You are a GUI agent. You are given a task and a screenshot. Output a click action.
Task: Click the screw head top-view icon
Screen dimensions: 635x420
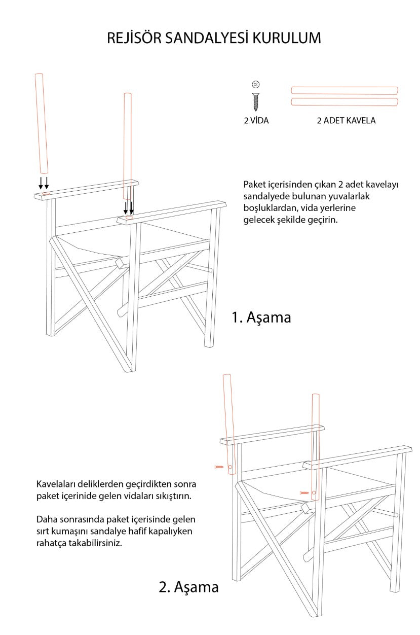tap(256, 84)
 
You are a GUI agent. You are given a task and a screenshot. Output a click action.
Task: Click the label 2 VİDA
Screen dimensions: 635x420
tap(256, 121)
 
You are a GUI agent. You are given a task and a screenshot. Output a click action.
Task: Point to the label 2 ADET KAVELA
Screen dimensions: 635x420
tap(346, 121)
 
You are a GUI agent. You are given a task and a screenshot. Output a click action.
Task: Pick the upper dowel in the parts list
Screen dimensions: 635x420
tap(345, 90)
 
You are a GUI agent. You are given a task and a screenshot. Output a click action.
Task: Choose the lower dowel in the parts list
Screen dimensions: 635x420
tap(345, 102)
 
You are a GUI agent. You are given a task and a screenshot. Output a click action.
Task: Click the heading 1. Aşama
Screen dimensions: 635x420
tap(261, 317)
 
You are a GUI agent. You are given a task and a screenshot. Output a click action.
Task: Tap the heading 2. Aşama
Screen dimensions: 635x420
tap(188, 587)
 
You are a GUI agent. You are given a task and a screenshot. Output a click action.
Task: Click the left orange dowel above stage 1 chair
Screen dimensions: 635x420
tap(40, 123)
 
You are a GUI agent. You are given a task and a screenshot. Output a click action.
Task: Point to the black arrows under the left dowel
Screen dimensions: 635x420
tap(44, 183)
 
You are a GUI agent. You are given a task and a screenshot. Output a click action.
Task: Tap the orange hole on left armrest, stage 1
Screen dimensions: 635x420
tap(46, 193)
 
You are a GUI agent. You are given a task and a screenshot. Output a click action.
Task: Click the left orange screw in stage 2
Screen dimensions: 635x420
tap(219, 467)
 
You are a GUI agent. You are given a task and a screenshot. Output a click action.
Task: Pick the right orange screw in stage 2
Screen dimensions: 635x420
tap(304, 492)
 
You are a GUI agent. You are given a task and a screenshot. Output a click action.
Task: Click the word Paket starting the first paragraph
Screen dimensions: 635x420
tap(254, 184)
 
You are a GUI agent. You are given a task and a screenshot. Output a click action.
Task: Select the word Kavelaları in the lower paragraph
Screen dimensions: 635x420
tap(57, 484)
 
